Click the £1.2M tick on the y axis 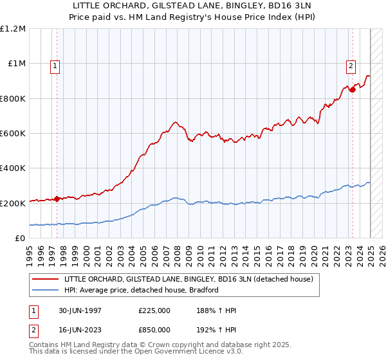click(13, 29)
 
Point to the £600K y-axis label click(13, 134)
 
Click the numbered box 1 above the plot click(56, 64)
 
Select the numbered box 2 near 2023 click(351, 64)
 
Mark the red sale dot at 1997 click(57, 199)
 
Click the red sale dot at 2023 click(353, 89)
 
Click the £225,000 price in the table click(154, 310)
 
